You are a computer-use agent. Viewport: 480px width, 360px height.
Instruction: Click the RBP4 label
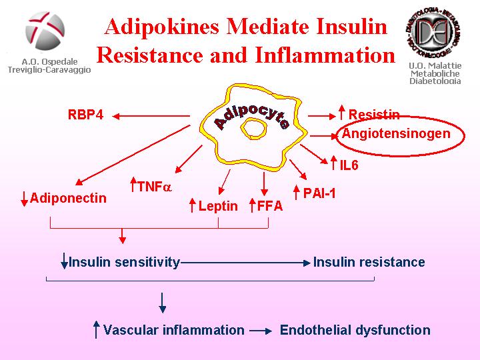click(x=85, y=115)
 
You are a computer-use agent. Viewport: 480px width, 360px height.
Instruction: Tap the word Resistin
click(x=373, y=115)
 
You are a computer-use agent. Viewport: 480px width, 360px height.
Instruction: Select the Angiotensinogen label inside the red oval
click(x=396, y=133)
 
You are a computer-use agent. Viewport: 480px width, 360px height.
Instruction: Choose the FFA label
click(x=270, y=206)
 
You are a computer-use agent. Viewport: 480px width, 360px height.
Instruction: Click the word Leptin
click(x=218, y=206)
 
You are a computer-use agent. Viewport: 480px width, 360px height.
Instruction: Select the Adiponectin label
click(x=68, y=198)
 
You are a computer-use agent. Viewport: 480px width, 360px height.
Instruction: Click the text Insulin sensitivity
click(x=125, y=262)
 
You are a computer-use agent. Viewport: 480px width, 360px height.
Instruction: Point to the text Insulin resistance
click(x=369, y=262)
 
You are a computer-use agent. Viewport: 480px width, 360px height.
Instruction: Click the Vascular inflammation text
click(x=174, y=330)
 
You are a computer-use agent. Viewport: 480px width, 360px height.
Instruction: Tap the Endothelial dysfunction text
click(x=355, y=330)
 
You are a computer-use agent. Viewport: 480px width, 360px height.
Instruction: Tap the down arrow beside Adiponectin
click(x=25, y=198)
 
